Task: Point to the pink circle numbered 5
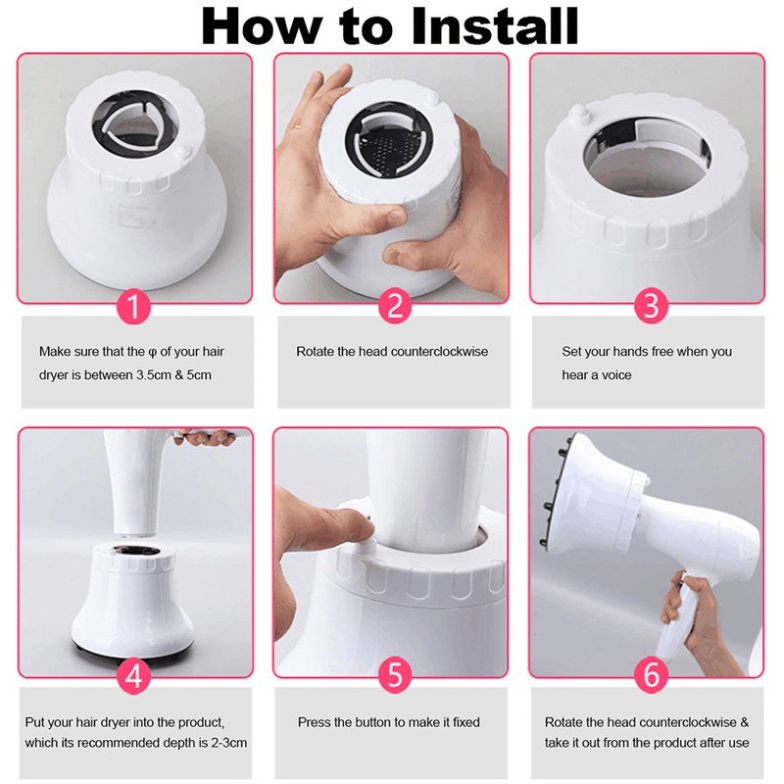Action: tap(393, 676)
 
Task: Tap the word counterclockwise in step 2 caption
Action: tap(436, 351)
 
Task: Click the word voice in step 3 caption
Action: tap(613, 375)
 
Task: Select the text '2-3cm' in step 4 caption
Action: tap(227, 743)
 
